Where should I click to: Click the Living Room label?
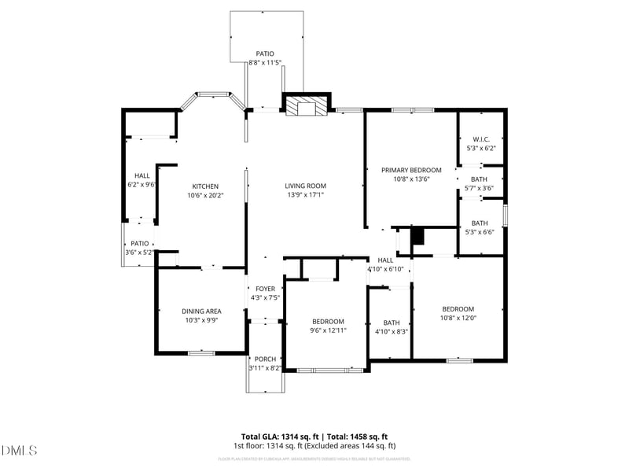[305, 186]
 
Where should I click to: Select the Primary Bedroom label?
[411, 170]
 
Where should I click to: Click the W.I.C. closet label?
[481, 139]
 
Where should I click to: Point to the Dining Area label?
[201, 312]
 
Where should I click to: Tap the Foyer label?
[265, 289]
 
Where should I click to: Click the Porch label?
[265, 359]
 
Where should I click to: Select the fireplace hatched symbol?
[303, 106]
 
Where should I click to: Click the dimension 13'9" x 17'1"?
[305, 196]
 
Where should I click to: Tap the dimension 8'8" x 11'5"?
[265, 63]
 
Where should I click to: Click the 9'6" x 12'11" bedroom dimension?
[328, 330]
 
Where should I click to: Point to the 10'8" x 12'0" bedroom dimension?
[458, 318]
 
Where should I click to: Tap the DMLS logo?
[20, 450]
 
